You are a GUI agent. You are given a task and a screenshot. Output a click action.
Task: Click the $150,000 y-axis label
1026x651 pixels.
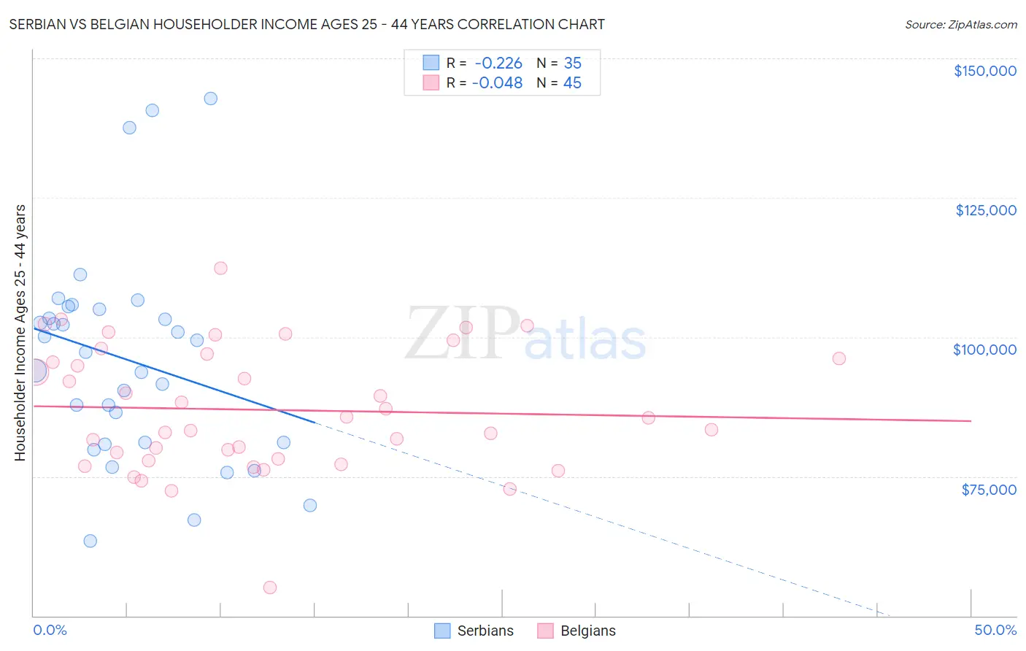(984, 71)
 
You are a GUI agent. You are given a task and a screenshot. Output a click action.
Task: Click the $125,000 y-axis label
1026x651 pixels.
(985, 210)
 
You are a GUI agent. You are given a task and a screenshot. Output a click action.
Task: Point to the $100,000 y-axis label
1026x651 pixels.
(984, 350)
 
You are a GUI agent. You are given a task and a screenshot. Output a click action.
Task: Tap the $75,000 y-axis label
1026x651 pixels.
(989, 490)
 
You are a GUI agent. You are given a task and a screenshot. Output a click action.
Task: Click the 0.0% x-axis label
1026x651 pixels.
(50, 631)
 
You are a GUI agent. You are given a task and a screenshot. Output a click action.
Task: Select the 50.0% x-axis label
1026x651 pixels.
(995, 631)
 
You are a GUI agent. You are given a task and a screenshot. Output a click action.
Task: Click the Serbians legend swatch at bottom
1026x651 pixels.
(442, 631)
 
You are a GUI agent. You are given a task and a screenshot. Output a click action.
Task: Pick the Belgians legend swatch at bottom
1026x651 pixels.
(545, 631)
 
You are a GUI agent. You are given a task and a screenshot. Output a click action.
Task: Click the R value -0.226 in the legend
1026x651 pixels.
(498, 63)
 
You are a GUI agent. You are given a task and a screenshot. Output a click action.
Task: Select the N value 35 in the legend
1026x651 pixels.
(572, 63)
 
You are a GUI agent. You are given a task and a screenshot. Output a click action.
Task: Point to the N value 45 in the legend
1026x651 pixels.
(572, 83)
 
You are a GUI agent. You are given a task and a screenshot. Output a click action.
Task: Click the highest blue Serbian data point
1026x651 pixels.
(210, 99)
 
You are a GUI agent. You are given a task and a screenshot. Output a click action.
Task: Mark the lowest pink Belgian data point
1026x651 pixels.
(270, 588)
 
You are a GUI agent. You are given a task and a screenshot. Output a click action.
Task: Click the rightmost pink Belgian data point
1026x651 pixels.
(839, 358)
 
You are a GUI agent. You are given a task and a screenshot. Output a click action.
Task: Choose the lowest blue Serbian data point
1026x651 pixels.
(90, 541)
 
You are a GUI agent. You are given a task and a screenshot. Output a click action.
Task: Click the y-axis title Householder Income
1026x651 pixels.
(20, 333)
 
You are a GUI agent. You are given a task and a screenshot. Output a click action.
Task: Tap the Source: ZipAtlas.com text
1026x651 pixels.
(960, 25)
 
